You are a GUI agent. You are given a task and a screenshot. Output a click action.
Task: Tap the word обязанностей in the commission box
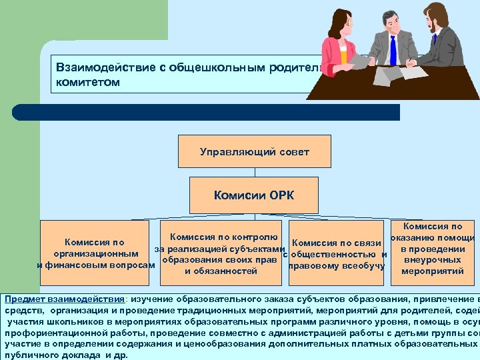pyautogui.click(x=221, y=271)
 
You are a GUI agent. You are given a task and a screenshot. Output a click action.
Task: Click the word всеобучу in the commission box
pyautogui.click(x=363, y=266)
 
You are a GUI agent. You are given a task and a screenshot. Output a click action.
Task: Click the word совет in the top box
pyautogui.click(x=293, y=151)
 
